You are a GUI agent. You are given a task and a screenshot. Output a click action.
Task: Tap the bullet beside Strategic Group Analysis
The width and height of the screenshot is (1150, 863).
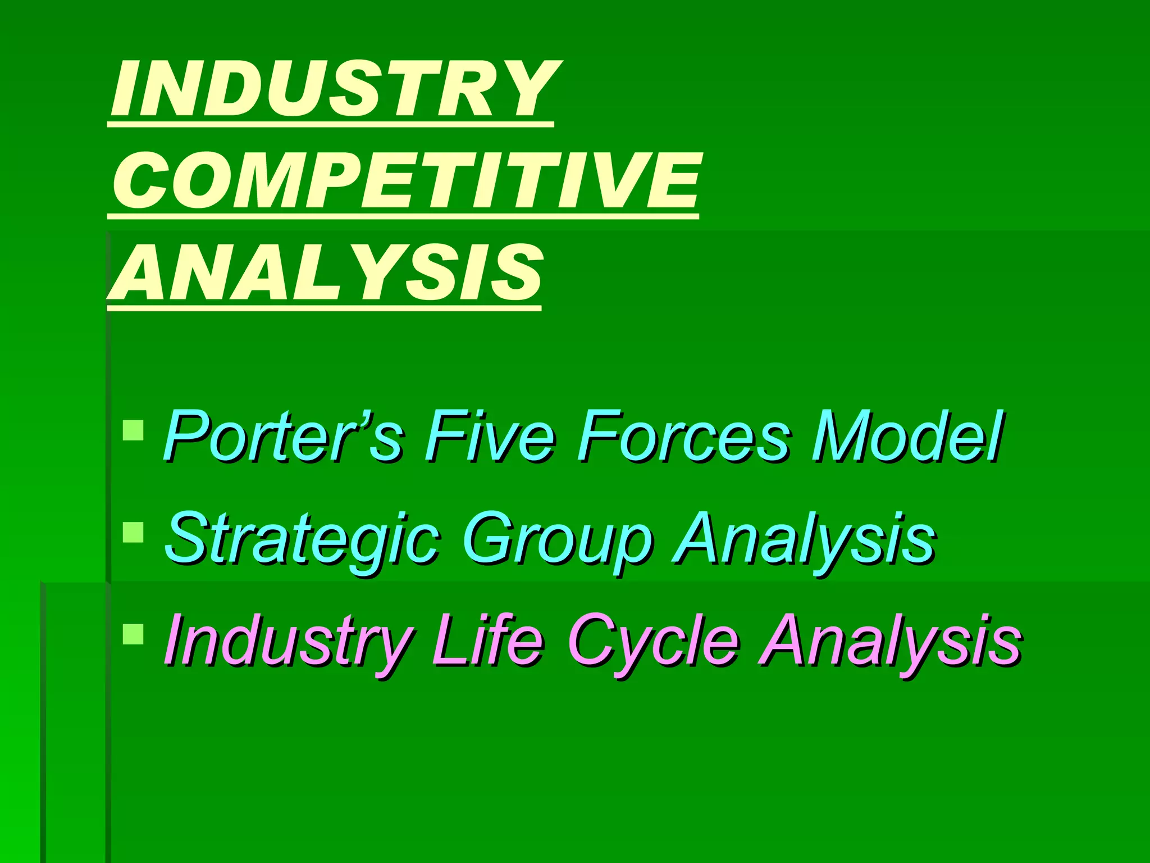tap(133, 532)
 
